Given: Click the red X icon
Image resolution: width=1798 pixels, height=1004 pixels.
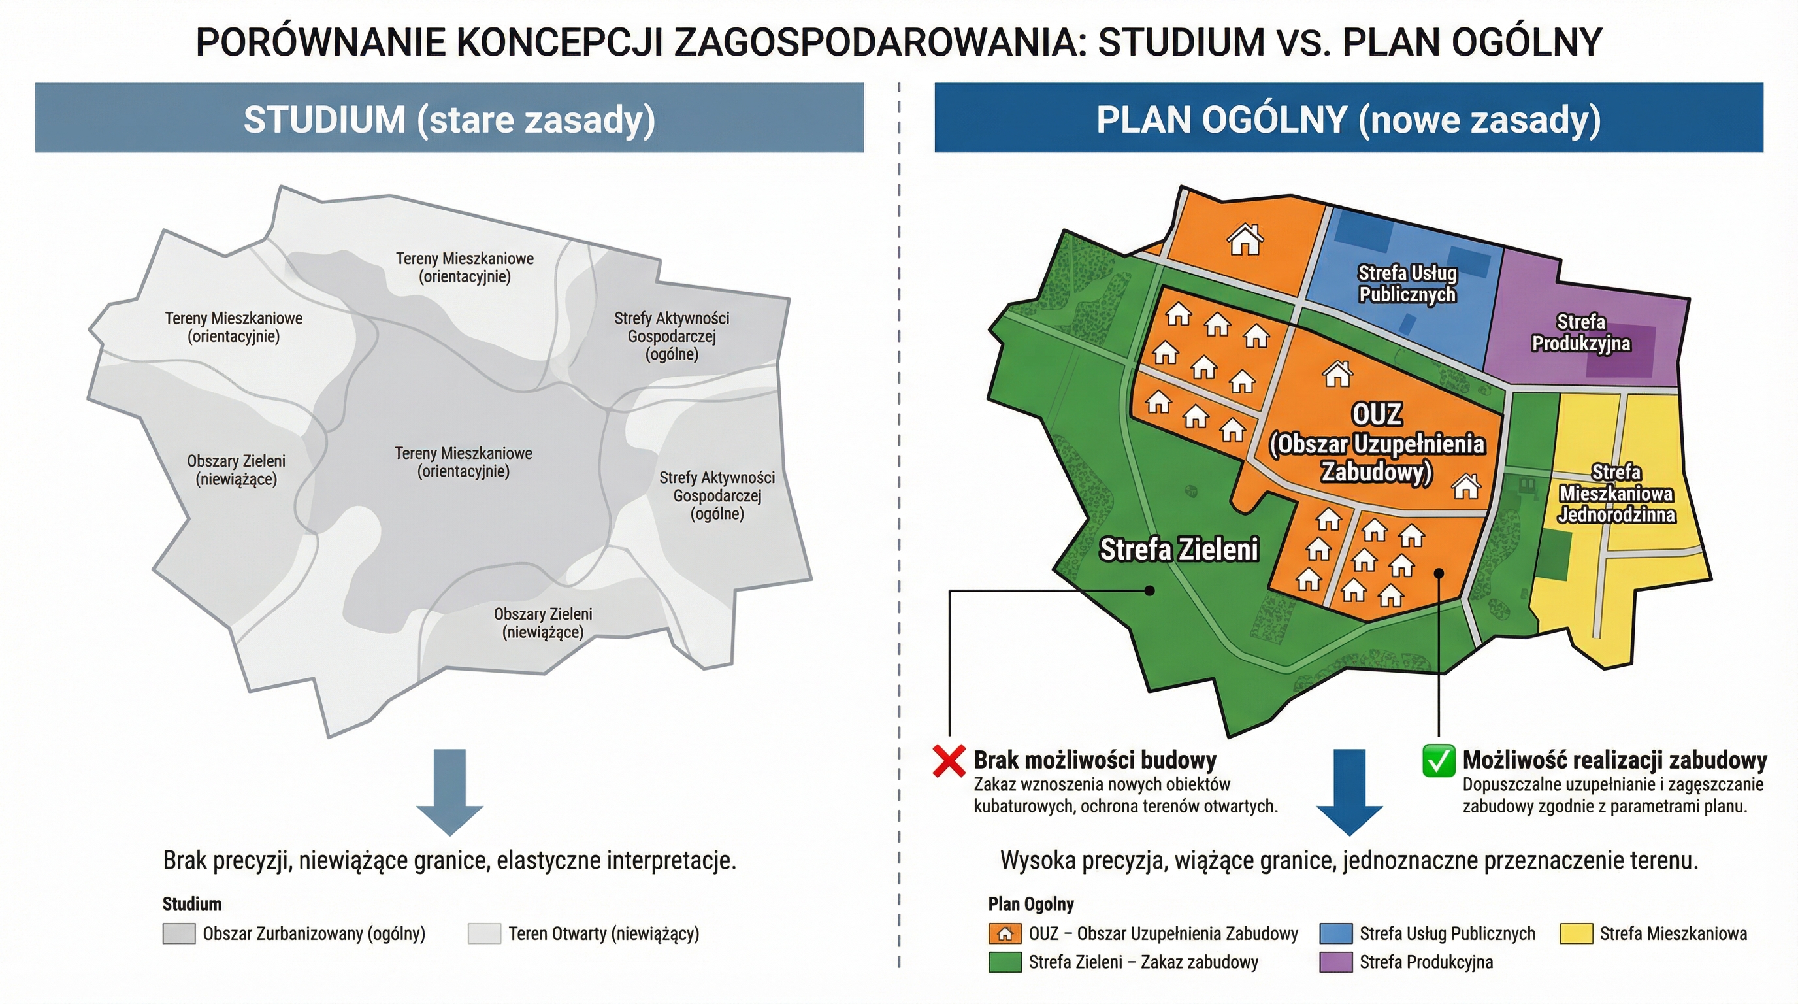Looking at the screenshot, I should click(949, 760).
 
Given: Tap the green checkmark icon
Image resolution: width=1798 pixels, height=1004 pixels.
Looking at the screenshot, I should click(1439, 760).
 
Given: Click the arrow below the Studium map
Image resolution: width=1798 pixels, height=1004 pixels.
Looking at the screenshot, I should click(449, 791).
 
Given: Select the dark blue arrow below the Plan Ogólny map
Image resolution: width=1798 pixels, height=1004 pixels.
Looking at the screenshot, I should click(1348, 791).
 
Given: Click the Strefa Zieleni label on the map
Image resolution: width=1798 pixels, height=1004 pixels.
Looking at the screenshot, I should click(1179, 550).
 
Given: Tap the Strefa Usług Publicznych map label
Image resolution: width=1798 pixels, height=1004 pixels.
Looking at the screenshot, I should click(1407, 284).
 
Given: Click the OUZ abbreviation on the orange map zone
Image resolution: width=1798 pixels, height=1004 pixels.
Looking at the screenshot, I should click(1377, 414).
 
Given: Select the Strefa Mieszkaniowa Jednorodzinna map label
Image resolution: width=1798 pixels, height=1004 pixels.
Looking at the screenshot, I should click(1616, 494).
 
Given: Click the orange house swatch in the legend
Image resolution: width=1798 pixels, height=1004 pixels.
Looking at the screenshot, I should click(1005, 933).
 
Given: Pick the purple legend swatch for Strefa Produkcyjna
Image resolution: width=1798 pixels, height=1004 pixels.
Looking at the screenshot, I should click(1336, 962).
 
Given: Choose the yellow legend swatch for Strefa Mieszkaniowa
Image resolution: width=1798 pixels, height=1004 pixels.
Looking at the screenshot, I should click(1576, 933).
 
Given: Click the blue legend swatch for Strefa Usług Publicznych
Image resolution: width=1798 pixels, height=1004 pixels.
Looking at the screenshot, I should click(1336, 933).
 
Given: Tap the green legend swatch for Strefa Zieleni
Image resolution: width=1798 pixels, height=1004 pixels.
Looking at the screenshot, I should click(1005, 962).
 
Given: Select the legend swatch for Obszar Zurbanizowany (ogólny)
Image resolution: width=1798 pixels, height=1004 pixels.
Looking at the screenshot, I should click(178, 933).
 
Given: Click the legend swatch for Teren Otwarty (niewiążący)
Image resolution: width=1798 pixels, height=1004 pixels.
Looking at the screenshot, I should click(484, 933).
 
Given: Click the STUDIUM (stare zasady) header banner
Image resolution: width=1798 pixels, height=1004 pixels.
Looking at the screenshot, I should click(449, 118).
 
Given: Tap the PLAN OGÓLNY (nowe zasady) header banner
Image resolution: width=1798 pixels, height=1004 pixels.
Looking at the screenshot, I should click(1348, 118).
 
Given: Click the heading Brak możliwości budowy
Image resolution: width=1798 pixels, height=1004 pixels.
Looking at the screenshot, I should click(1095, 760).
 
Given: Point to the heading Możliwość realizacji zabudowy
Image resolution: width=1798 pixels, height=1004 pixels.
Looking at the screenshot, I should click(1614, 760).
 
